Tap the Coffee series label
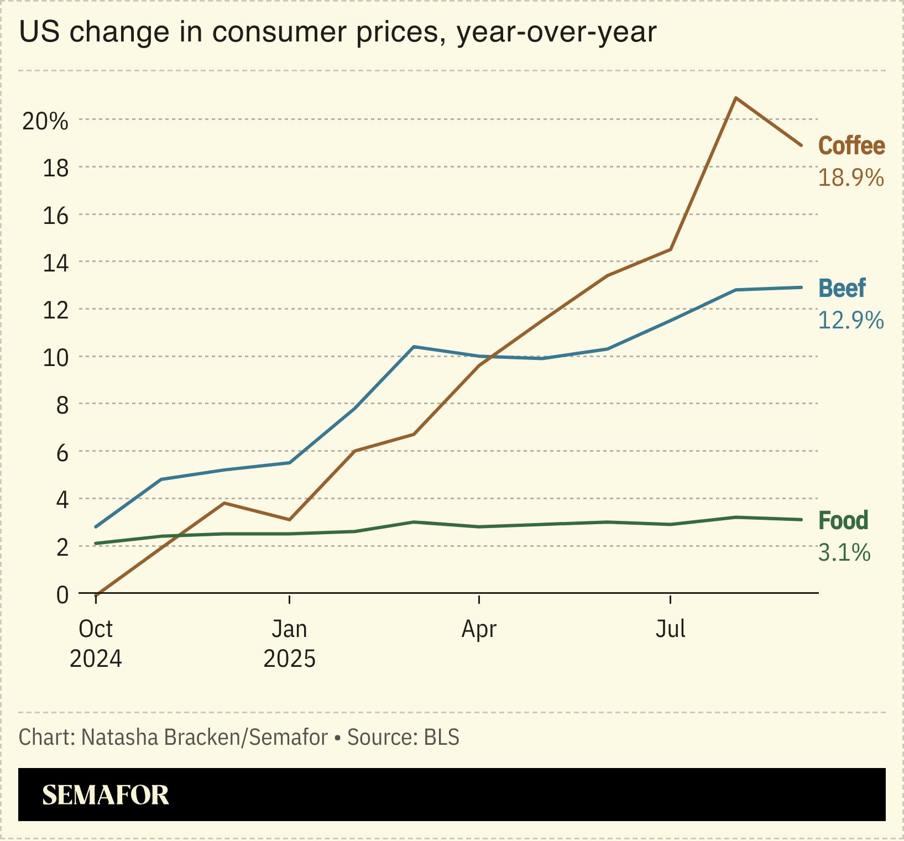click(x=851, y=146)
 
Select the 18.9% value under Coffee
click(x=850, y=178)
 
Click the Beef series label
click(x=842, y=289)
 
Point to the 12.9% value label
click(x=850, y=321)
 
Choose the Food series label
click(x=843, y=521)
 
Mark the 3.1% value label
click(x=844, y=553)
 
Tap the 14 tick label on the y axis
click(x=56, y=263)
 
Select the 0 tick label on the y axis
click(x=62, y=595)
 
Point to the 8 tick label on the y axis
click(x=62, y=405)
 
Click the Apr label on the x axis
click(x=479, y=629)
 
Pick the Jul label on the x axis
click(x=670, y=629)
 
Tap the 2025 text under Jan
click(x=289, y=659)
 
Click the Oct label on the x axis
click(x=96, y=629)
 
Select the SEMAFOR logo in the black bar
click(x=106, y=795)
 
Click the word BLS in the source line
click(x=442, y=738)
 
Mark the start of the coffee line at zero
click(x=96, y=594)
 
